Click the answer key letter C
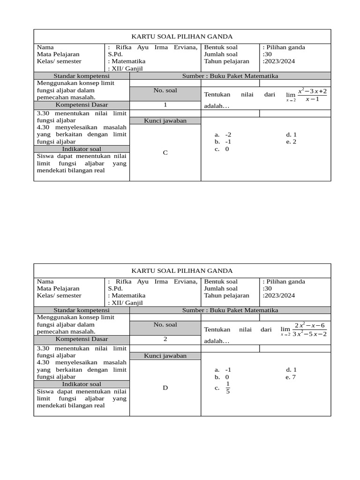pyautogui.click(x=165, y=152)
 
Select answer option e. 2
pyautogui.click(x=291, y=142)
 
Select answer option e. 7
pyautogui.click(x=291, y=376)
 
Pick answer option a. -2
pyautogui.click(x=224, y=134)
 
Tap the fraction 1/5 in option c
pyautogui.click(x=228, y=388)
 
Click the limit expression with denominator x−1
pyautogui.click(x=307, y=94)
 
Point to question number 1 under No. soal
pyautogui.click(x=165, y=105)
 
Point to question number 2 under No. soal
pyautogui.click(x=165, y=339)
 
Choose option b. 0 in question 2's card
pyautogui.click(x=223, y=376)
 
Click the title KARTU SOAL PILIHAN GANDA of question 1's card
pyautogui.click(x=182, y=36)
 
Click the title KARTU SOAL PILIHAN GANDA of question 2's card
pyautogui.click(x=182, y=270)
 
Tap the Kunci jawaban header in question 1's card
pyautogui.click(x=165, y=120)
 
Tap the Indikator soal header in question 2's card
pyautogui.click(x=82, y=384)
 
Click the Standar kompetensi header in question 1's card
pyautogui.click(x=82, y=75)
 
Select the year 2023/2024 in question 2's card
pyautogui.click(x=279, y=295)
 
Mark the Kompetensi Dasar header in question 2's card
pyautogui.click(x=82, y=339)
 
